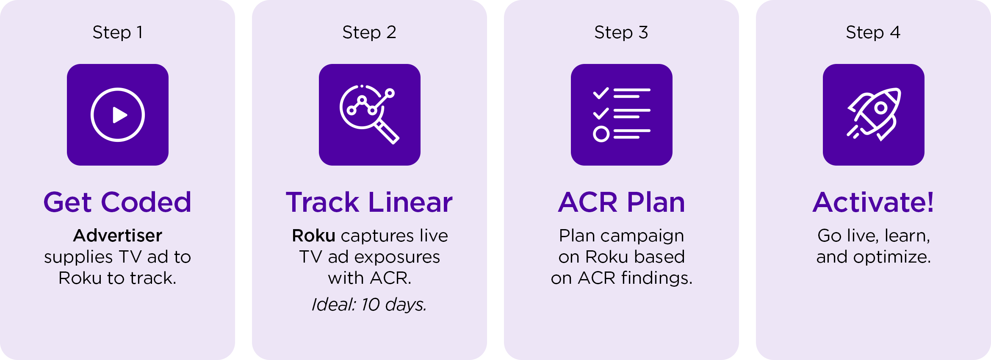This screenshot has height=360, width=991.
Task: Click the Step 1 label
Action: pos(118,33)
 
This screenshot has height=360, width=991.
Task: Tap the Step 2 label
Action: pos(369,33)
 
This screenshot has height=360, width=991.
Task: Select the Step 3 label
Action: pos(621,33)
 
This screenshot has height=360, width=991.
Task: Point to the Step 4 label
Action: pos(873,33)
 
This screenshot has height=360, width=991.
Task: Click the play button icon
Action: pos(118,115)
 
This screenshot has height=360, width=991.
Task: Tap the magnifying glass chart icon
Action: pos(369,115)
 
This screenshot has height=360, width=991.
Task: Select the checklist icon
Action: pos(621,115)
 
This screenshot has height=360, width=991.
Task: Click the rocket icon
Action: pos(873,115)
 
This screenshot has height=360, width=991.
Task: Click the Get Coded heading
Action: pos(117,202)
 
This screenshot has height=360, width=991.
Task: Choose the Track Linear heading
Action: pos(369,202)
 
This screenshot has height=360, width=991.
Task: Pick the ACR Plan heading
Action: pos(621,202)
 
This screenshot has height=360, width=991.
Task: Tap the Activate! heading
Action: pos(873,202)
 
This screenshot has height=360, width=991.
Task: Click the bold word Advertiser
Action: pos(118,235)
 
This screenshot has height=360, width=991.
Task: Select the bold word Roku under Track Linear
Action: pos(313,235)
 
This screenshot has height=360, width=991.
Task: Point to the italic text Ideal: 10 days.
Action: pos(369,305)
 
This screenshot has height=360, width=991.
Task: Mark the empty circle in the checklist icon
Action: pos(601,134)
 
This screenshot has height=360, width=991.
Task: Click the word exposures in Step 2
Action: pos(397,257)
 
